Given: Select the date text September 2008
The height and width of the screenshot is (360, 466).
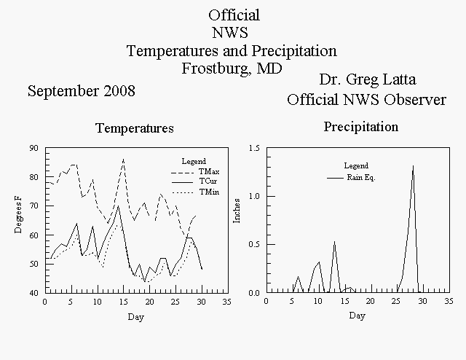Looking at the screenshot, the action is click(82, 91).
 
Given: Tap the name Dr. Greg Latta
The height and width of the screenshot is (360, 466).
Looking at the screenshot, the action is click(368, 79).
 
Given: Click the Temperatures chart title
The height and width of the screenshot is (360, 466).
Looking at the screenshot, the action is click(135, 128).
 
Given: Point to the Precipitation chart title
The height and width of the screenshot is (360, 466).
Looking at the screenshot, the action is click(361, 127).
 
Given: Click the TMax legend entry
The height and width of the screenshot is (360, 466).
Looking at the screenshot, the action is click(195, 172).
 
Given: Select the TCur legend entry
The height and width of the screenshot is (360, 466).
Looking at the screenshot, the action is click(194, 181).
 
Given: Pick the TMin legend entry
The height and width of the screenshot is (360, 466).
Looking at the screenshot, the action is click(195, 192).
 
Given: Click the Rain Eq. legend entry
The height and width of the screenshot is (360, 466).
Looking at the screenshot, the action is click(351, 178).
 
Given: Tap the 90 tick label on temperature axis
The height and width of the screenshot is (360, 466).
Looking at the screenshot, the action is click(34, 148).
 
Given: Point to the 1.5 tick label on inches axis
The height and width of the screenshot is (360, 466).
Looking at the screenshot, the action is click(254, 148).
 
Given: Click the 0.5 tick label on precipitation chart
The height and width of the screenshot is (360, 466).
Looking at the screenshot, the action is click(254, 244).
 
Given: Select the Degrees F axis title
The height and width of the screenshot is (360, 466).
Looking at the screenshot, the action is click(17, 214).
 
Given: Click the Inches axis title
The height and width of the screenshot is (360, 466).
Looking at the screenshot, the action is click(237, 211).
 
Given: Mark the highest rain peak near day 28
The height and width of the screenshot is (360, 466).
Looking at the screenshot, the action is click(413, 166).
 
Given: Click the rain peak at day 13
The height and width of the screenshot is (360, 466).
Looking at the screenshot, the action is click(334, 242).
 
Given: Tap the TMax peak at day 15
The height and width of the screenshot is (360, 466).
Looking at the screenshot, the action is click(123, 159).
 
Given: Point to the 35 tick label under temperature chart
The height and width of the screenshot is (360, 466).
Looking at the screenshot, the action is click(227, 302).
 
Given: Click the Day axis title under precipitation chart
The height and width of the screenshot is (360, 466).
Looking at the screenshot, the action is click(357, 316).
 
